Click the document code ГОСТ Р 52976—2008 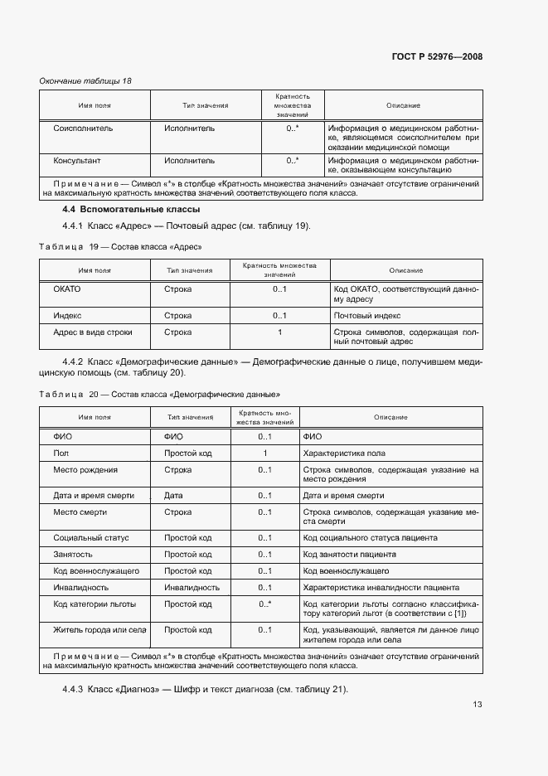coord(436,57)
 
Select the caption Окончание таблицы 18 coord(85,80)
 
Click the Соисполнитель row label coord(83,129)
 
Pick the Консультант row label coord(77,161)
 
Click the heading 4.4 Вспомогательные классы coord(130,209)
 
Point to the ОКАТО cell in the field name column coord(66,289)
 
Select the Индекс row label coord(67,316)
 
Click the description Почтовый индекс coord(366,316)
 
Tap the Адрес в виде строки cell coord(92,332)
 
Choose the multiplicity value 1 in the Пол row coord(265,453)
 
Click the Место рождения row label coord(85,470)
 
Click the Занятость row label coord(73,555)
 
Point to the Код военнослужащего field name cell coord(95,571)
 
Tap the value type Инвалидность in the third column coord(192,588)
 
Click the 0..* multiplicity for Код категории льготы coord(265,604)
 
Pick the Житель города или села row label coord(99,631)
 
